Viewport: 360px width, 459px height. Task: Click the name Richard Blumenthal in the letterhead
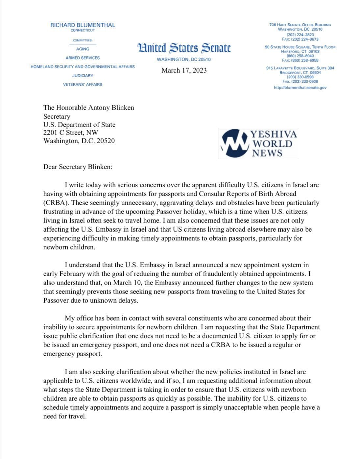[83, 25]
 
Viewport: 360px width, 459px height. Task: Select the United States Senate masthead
[184, 48]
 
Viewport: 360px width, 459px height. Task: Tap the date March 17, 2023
[184, 70]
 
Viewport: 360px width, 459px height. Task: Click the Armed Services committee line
[83, 58]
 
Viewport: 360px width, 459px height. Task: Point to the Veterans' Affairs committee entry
[83, 85]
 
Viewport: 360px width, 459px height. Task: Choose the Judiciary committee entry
[83, 76]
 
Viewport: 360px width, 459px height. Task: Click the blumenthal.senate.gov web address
[300, 88]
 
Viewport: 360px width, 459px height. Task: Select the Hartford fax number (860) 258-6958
[300, 61]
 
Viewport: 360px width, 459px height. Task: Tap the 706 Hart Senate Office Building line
[300, 25]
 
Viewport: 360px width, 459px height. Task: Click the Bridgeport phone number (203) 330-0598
[300, 77]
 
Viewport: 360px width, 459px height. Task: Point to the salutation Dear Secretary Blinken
[78, 167]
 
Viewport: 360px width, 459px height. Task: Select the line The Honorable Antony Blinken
[88, 108]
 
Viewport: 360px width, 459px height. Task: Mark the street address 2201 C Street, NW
[70, 133]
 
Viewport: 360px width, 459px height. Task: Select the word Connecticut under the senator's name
[83, 30]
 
